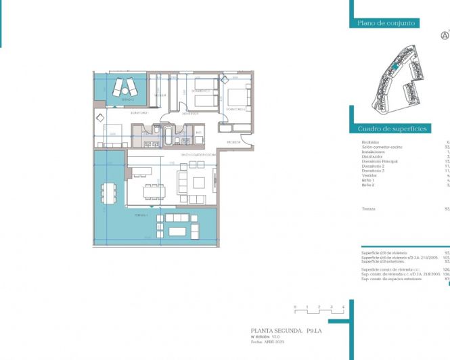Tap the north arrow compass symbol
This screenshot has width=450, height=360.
coord(445,36)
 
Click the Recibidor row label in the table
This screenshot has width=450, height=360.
coord(371,142)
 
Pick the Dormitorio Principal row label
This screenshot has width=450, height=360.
coord(380,162)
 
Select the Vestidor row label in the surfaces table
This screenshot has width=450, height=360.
coord(369,176)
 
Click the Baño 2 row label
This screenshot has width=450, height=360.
coord(369,185)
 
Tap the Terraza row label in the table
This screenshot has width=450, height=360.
coord(369,209)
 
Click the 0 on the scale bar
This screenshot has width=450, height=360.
coord(295,307)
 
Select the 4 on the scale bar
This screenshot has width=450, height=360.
coord(344,307)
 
